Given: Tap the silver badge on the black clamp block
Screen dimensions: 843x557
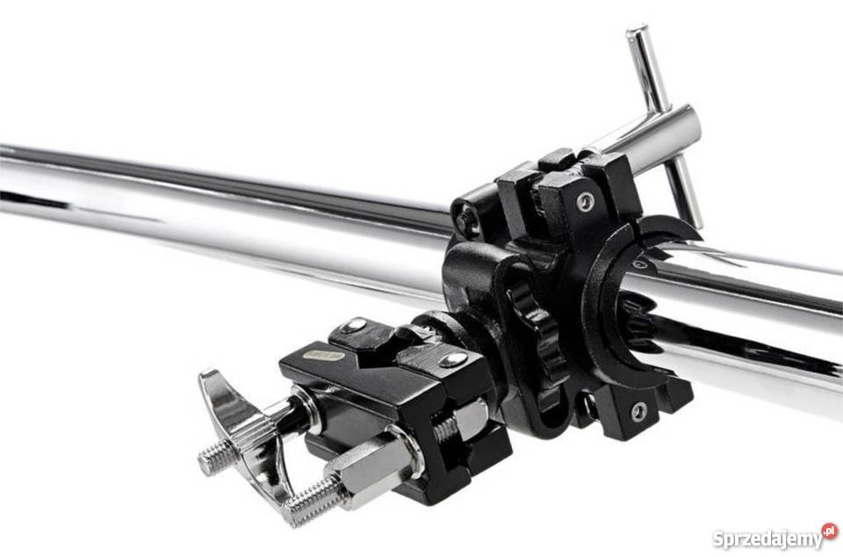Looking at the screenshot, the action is pyautogui.click(x=322, y=356).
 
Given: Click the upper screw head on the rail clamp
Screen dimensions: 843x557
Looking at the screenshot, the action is pyautogui.click(x=586, y=201).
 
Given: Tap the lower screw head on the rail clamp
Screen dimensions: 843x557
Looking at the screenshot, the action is pyautogui.click(x=638, y=411).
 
